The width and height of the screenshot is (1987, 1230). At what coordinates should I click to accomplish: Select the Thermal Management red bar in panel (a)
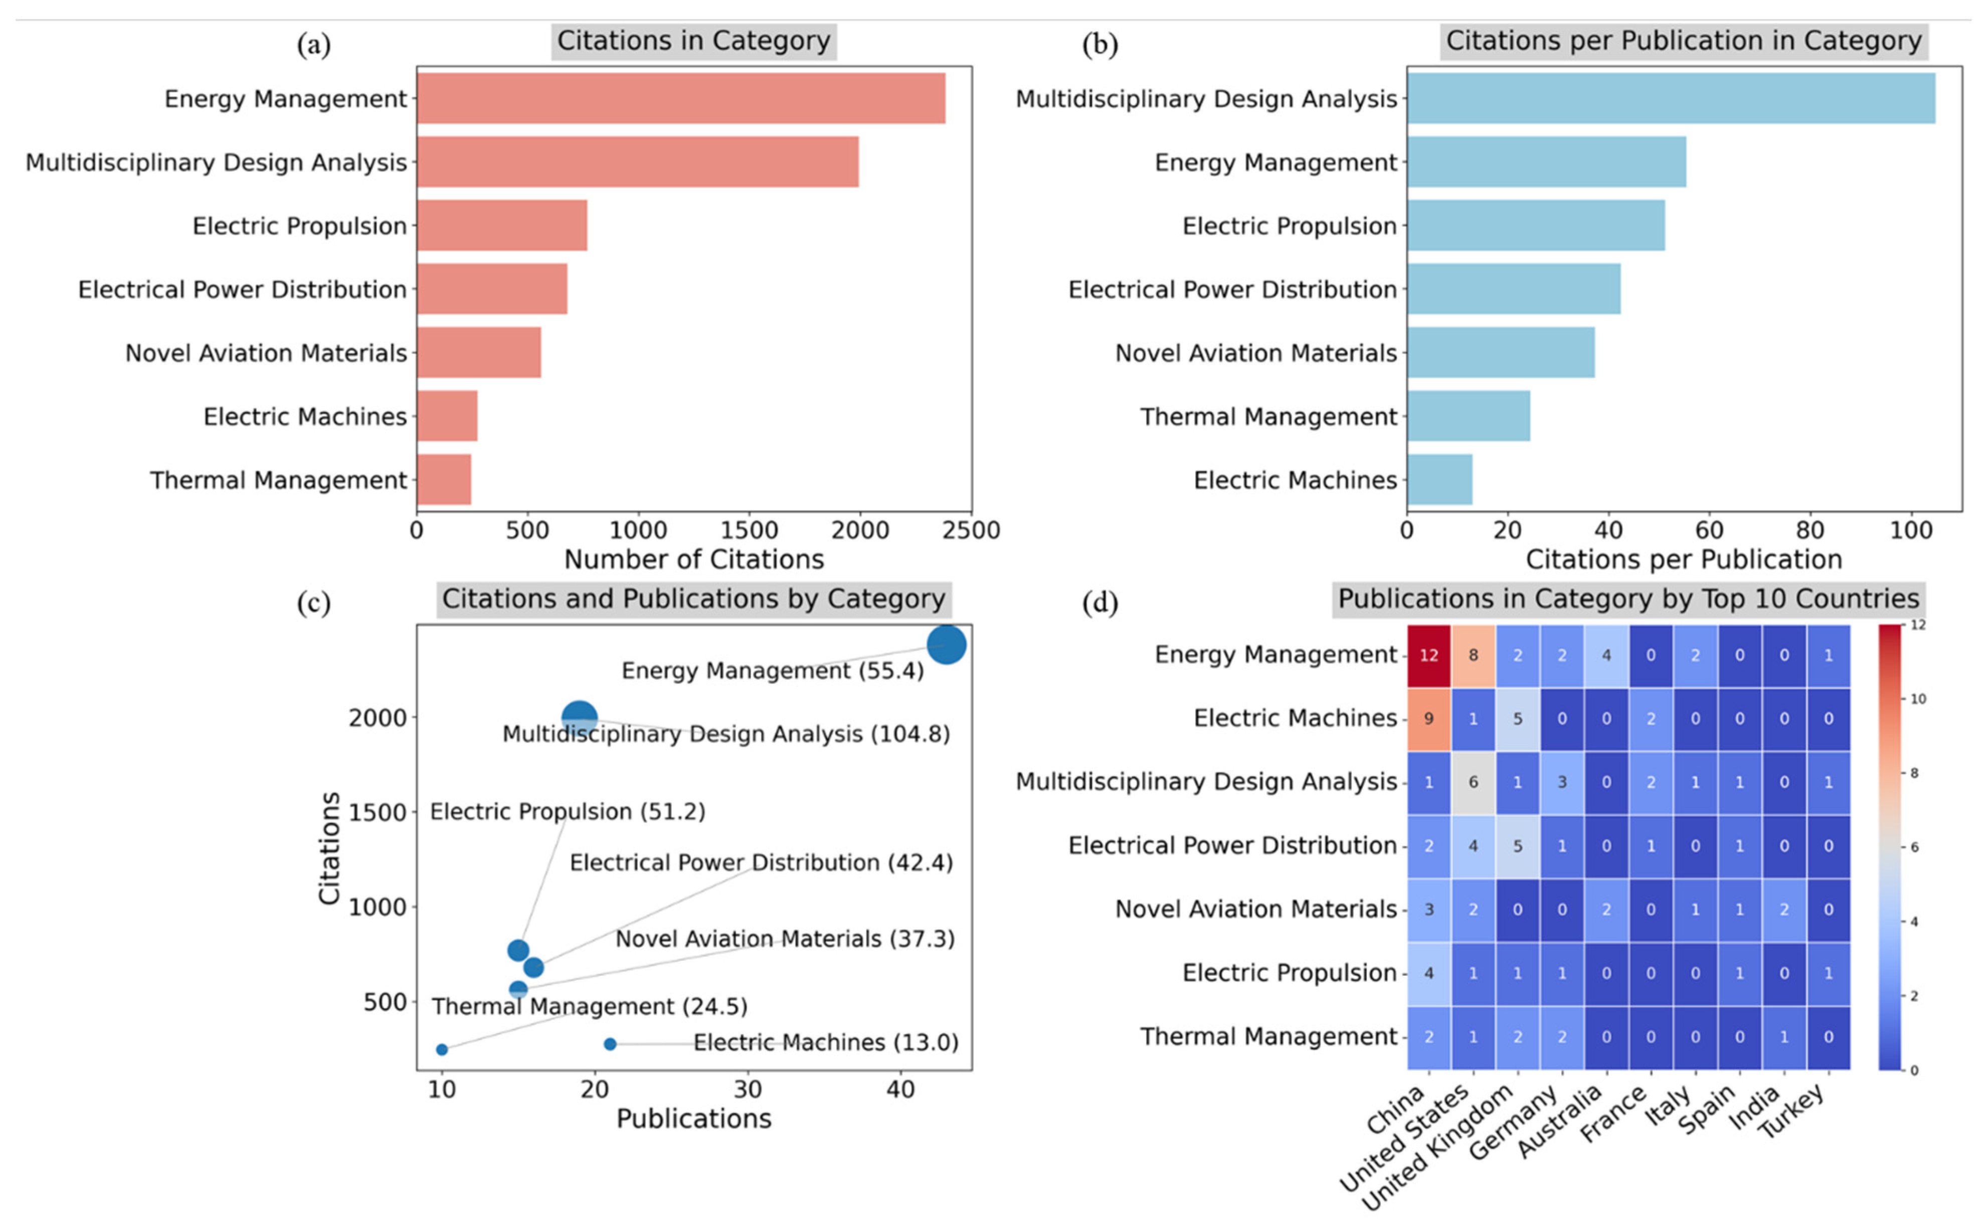443,480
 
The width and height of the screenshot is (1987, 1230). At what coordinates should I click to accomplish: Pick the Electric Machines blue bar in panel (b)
1439,480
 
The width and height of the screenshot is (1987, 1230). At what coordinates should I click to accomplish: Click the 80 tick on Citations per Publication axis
1810,531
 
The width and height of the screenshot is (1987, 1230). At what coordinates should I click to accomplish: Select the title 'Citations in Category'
693,41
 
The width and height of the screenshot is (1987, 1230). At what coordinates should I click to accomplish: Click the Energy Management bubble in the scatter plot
946,645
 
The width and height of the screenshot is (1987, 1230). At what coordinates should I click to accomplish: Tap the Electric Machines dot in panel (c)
610,1043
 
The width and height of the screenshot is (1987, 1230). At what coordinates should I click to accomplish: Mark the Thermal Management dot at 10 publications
442,1049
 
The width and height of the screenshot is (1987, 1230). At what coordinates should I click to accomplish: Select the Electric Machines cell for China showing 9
1428,719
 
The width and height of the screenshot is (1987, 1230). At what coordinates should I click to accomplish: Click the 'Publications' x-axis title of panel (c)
693,1119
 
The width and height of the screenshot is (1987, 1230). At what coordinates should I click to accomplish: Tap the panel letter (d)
1100,603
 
